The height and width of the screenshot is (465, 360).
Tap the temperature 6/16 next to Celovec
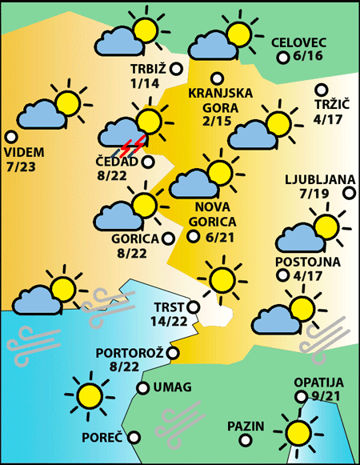point(308,57)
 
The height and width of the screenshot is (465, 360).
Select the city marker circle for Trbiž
point(175,69)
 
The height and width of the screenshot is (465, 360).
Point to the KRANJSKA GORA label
point(220,99)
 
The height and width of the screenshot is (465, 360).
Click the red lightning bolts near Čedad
point(134,146)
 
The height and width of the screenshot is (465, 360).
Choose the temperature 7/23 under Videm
point(25,167)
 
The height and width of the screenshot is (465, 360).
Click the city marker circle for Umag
point(142,388)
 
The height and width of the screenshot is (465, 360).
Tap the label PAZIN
point(245,425)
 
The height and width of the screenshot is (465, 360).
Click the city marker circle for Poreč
point(134,437)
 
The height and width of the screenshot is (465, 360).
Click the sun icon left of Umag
point(89,394)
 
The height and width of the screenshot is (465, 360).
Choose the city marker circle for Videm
point(11,137)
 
